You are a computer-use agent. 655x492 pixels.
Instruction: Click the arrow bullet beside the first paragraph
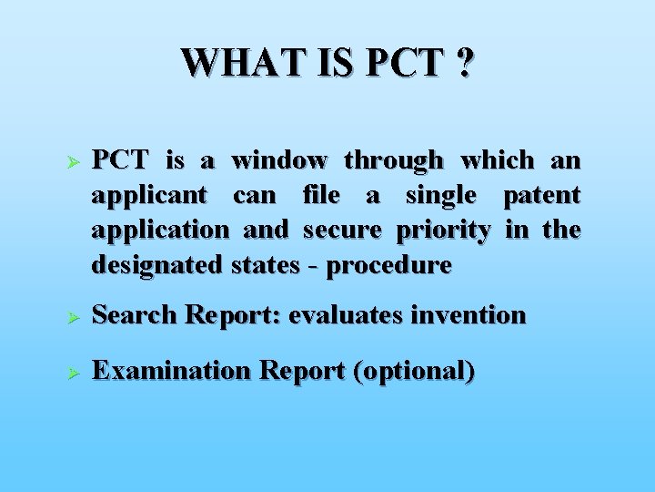[x=76, y=161]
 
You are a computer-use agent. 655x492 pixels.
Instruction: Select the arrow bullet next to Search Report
[x=76, y=316]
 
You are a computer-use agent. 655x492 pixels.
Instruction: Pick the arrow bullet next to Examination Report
[x=76, y=373]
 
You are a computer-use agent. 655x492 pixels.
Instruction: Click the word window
[x=279, y=160]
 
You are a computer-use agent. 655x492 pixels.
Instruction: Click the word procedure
[x=388, y=266]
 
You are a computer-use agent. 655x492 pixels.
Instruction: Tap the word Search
[x=135, y=315]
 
